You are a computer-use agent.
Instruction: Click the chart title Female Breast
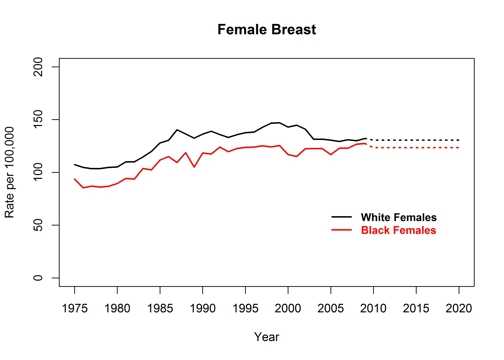tap(266, 30)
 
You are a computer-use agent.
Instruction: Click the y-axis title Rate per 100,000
tap(15, 172)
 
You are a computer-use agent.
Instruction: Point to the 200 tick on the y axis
tap(38, 68)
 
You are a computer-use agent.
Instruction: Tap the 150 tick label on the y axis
tap(38, 121)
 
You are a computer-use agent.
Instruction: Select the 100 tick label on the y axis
tap(38, 173)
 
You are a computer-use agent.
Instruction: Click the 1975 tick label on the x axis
tap(75, 308)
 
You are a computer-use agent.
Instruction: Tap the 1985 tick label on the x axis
tap(160, 308)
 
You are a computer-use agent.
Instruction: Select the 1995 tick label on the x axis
tap(246, 308)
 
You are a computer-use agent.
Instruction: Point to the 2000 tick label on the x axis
tap(288, 308)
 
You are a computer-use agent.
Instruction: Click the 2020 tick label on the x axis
tap(459, 308)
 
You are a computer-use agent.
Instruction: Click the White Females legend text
tap(399, 217)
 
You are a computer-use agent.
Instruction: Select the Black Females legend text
tap(399, 230)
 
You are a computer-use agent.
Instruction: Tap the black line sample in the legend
tap(343, 217)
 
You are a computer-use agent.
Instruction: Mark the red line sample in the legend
tap(343, 230)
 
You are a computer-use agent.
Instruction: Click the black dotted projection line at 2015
tap(416, 140)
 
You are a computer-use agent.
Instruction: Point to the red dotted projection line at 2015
tap(416, 148)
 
